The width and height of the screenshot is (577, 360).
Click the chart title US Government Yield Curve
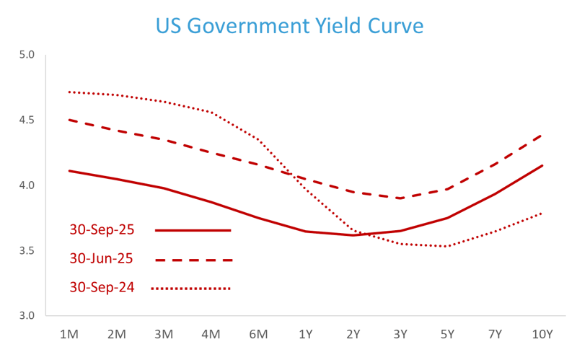coord(289,27)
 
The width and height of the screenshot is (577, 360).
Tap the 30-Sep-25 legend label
coord(102,230)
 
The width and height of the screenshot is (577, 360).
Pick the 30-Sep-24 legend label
coord(102,288)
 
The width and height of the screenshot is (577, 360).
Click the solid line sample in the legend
coord(193,231)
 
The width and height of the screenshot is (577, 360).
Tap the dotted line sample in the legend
coord(191,289)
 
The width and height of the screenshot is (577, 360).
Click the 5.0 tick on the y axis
coord(27,54)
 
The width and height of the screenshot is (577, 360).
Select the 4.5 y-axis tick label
coord(27,120)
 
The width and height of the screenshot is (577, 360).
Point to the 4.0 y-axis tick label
coord(27,185)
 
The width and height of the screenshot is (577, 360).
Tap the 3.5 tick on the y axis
coord(27,251)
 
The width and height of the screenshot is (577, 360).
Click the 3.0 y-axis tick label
coord(27,316)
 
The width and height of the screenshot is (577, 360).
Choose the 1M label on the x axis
coord(69,334)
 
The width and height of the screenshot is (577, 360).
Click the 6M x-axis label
coord(258,334)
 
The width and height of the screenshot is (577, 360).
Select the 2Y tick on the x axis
coord(353,334)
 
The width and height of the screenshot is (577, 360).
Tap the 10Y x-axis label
coord(542,334)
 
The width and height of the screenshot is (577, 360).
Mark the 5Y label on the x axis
coord(447,334)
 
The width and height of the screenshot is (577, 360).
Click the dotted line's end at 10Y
coord(542,213)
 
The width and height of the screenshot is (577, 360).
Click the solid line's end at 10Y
coord(542,165)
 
